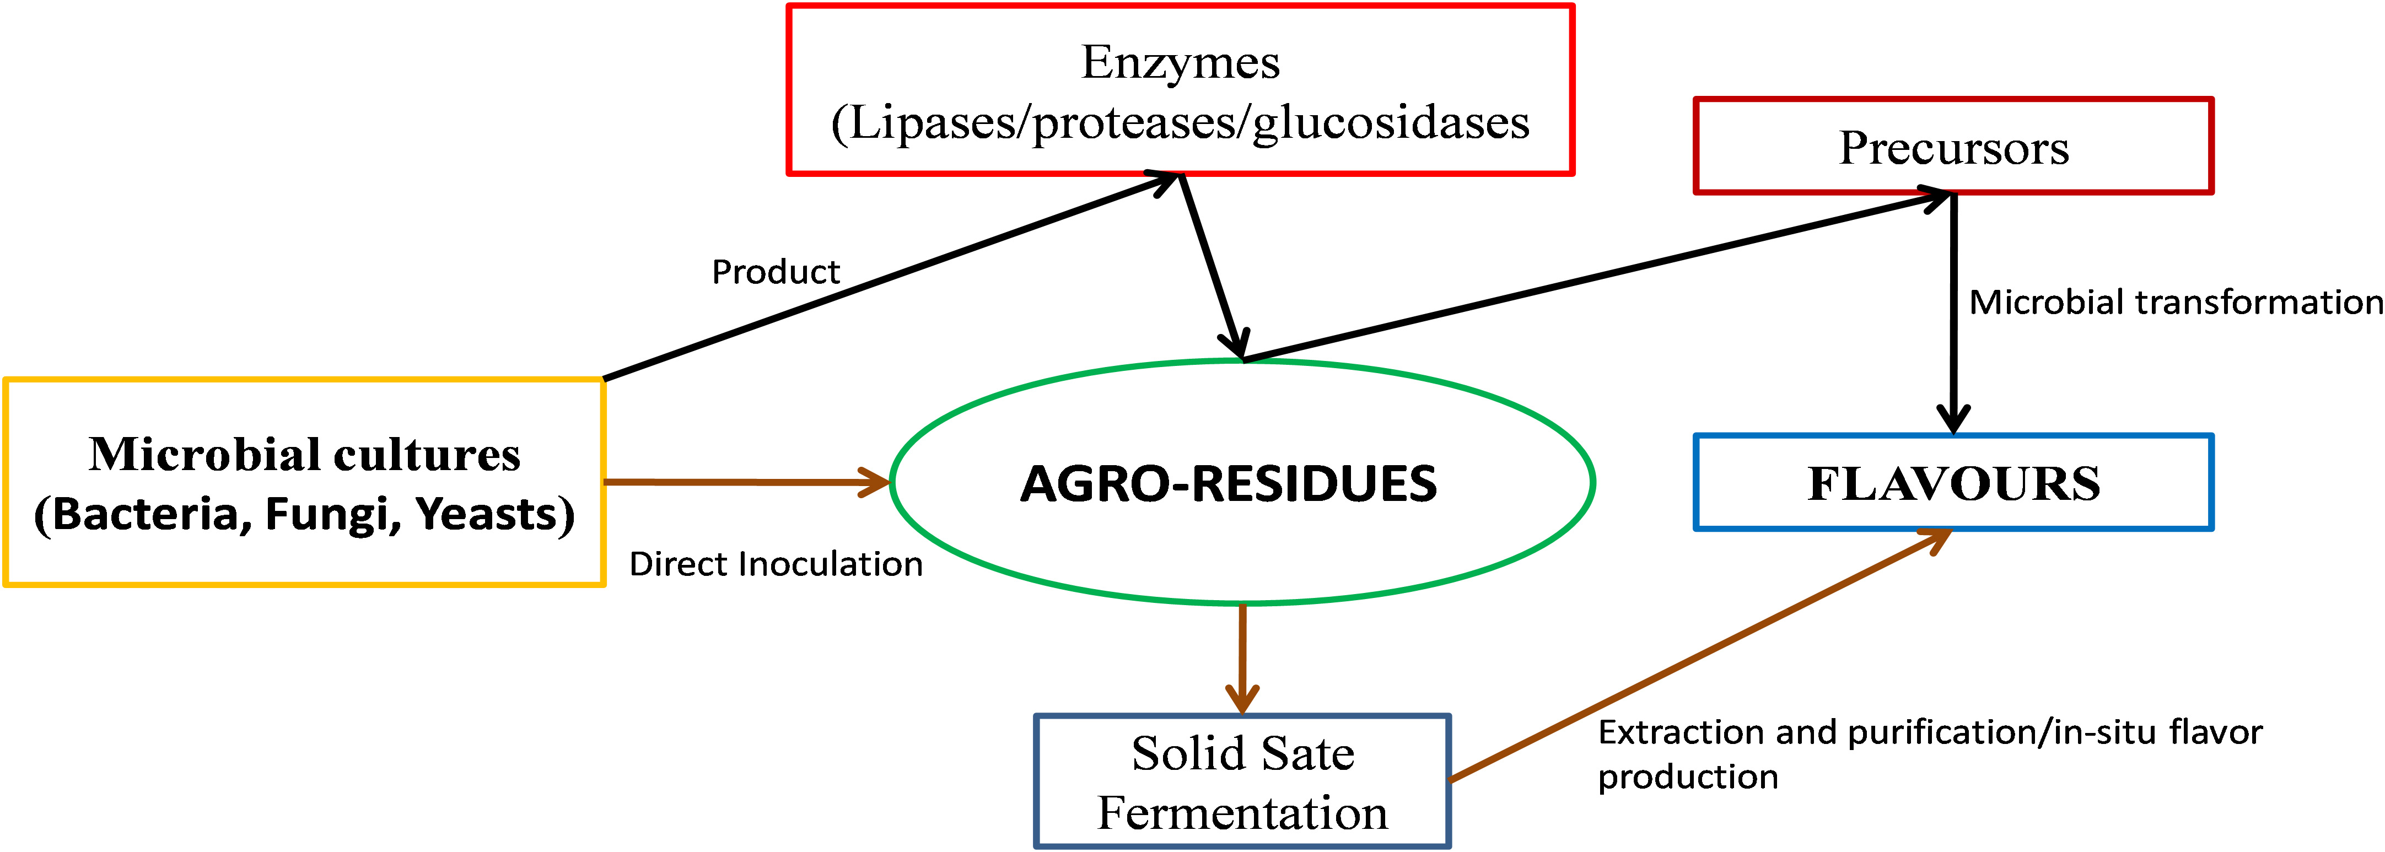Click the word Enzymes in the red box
[1181, 63]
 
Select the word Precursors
[1953, 148]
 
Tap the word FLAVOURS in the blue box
[1953, 483]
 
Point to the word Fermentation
[1242, 813]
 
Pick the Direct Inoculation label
[776, 564]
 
